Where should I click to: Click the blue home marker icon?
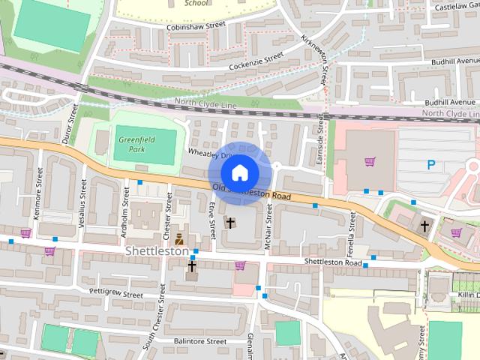tap(239, 172)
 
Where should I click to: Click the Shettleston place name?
tap(157, 251)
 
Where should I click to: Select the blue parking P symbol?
tap(431, 166)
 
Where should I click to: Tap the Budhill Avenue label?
tap(449, 101)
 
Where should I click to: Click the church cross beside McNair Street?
tap(230, 223)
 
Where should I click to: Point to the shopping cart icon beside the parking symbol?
tap(370, 161)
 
